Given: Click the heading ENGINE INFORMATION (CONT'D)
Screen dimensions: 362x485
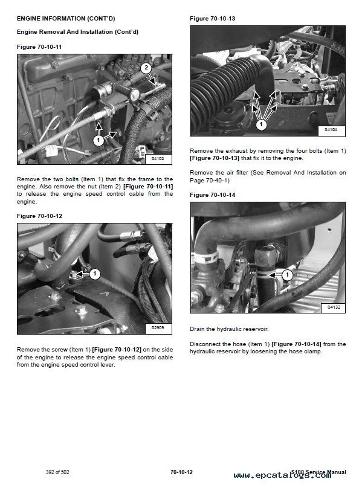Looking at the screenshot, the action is point(66,19).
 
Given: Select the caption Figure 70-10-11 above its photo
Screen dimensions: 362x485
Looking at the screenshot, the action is point(39,47).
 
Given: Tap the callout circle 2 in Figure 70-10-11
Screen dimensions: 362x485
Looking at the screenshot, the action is point(146,68).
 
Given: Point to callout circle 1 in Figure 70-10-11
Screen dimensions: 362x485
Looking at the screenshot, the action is point(99,140).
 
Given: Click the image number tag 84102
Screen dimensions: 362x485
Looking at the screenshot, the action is point(158,159).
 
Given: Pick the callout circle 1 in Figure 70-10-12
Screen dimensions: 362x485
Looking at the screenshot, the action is point(95,274).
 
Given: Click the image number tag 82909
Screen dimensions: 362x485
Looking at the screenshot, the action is point(158,327).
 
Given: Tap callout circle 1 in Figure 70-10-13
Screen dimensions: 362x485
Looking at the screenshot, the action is point(262,124).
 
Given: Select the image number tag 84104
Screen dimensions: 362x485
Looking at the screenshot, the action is point(331,130).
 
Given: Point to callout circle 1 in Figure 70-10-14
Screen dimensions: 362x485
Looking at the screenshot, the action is point(287,275).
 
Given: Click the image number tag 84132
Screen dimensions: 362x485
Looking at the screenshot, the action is point(334,307).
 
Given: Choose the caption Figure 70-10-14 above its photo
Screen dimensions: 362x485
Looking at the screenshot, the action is point(213,195).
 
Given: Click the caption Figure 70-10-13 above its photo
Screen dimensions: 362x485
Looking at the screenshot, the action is point(213,19).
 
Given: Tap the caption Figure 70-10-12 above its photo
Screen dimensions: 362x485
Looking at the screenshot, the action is point(39,216).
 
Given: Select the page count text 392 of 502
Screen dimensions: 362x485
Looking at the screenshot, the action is point(57,472).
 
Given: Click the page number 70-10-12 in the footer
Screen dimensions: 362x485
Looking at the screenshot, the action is point(181,472).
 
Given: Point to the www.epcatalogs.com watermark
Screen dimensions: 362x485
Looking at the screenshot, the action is point(282,475).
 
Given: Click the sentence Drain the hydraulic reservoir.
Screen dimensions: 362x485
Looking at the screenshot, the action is point(229,329).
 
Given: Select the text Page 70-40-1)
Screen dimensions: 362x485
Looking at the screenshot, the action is point(210,181).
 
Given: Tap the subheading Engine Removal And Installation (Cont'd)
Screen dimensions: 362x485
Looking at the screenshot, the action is point(78,32).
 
